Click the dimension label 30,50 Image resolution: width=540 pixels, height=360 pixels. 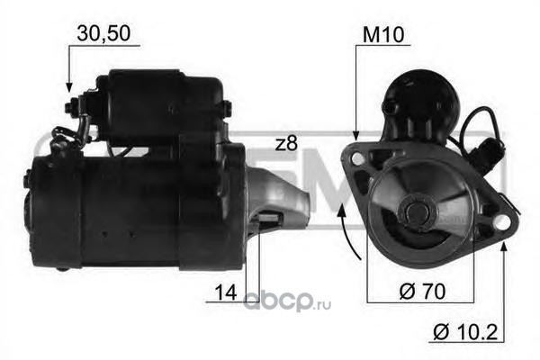pyautogui.click(x=103, y=34)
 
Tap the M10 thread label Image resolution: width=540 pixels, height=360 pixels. pyautogui.click(x=383, y=35)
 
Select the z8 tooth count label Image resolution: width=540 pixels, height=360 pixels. pyautogui.click(x=286, y=144)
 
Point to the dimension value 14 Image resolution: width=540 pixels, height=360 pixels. pyautogui.click(x=226, y=292)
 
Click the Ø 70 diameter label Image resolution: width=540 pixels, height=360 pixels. pyautogui.click(x=422, y=292)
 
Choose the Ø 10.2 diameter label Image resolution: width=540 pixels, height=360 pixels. pyautogui.click(x=465, y=332)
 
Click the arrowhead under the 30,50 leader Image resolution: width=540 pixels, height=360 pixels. pyautogui.click(x=69, y=87)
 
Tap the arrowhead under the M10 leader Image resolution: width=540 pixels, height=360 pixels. pyautogui.click(x=356, y=135)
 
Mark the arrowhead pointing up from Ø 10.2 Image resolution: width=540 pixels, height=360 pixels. pyautogui.click(x=504, y=247)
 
